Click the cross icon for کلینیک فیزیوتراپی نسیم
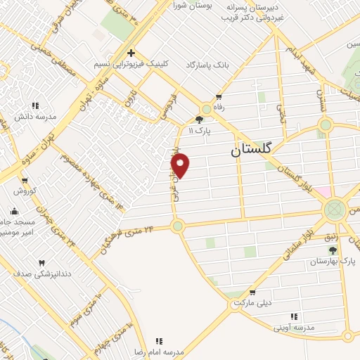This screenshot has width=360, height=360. (x=131, y=53)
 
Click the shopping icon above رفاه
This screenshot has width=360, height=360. (x=219, y=96)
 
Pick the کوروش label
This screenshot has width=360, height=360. (x=24, y=191)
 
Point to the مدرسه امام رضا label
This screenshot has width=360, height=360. (x=160, y=350)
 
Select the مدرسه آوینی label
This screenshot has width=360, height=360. (x=294, y=327)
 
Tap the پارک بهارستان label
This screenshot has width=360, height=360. (x=333, y=261)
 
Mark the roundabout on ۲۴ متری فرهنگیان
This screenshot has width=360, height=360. (x=177, y=226)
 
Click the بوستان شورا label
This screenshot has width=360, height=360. (x=193, y=5)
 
